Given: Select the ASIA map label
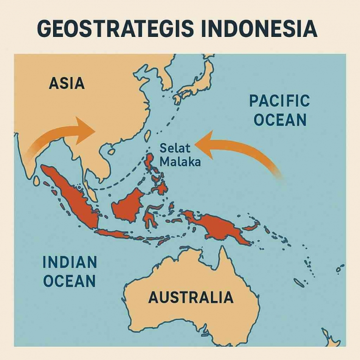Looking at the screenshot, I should [66, 83].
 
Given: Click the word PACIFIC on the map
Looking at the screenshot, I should [279, 101].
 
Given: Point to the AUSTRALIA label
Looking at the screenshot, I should [191, 297].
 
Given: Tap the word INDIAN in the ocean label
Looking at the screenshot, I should [70, 262].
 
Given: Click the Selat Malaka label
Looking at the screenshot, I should [180, 156].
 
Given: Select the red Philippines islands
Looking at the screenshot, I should [155, 171].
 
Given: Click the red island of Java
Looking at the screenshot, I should [113, 234].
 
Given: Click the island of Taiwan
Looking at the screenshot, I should [148, 135].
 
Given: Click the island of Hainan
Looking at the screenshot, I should [111, 151].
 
